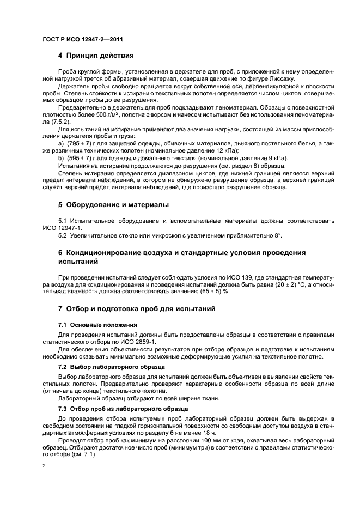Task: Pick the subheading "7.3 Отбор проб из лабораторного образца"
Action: tap(123, 409)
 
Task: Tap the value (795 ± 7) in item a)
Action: tap(79, 143)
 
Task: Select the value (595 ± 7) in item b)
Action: tap(79, 158)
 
